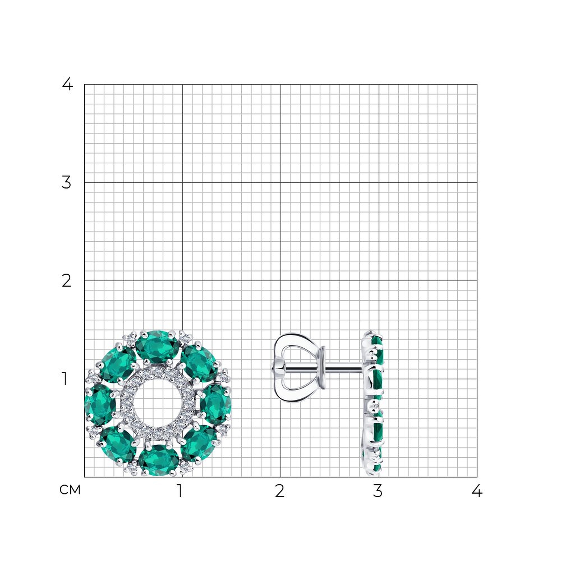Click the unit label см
pos(70,490)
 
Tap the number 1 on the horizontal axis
pos(180,491)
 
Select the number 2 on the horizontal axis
pos(279,491)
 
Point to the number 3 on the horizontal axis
pos(377,491)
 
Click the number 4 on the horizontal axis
pos(477,491)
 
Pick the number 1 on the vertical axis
pos(65,379)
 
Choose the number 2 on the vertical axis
pos(66,281)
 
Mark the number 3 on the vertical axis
pos(66,183)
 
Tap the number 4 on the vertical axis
pos(67,84)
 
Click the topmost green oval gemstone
pos(158,347)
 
